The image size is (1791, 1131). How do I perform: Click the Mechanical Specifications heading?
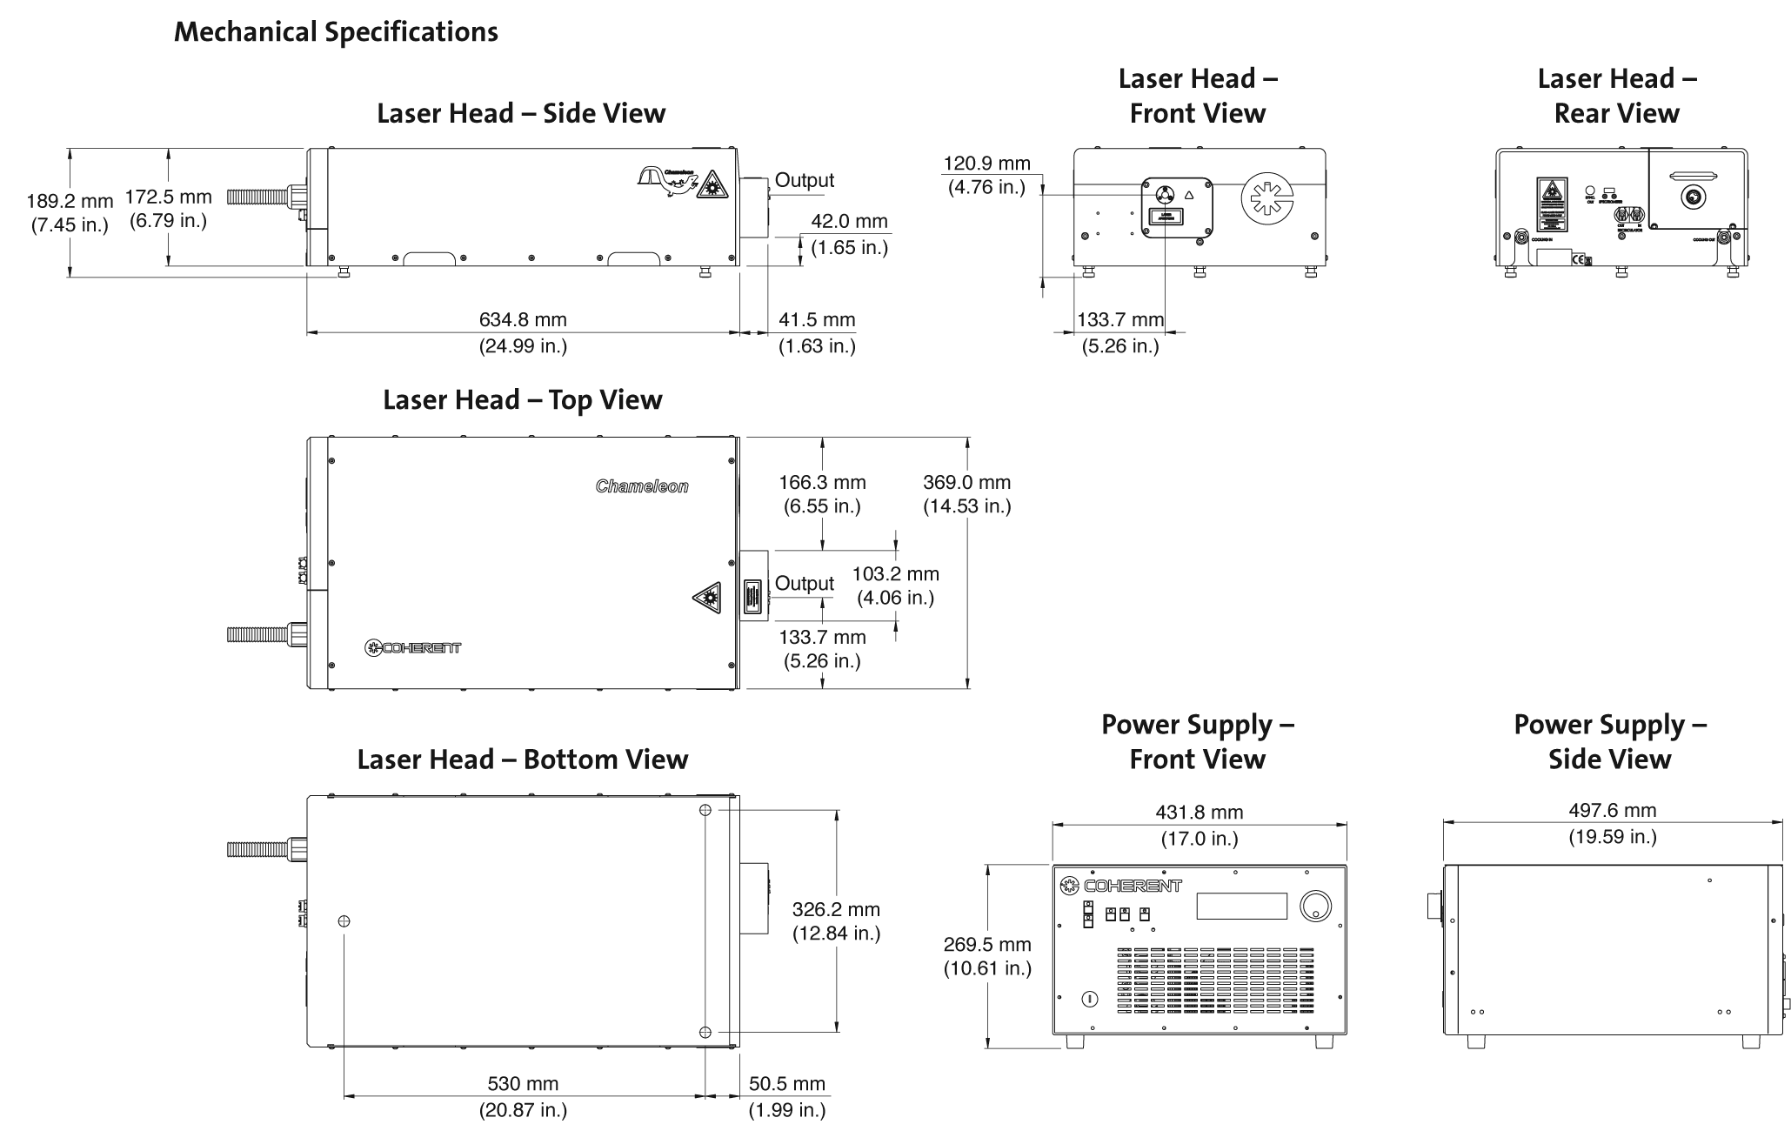pyautogui.click(x=336, y=32)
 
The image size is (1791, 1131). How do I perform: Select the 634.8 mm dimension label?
pyautogui.click(x=523, y=321)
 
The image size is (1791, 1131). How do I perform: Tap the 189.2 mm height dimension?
pyautogui.click(x=70, y=201)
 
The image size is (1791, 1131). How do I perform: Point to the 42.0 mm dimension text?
pyautogui.click(x=849, y=222)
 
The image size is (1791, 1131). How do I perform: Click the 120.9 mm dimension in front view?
pyautogui.click(x=986, y=164)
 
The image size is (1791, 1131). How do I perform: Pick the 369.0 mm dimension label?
pyautogui.click(x=966, y=483)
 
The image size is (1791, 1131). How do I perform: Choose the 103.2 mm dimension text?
pyautogui.click(x=895, y=574)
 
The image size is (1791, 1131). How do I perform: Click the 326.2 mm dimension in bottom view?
pyautogui.click(x=836, y=910)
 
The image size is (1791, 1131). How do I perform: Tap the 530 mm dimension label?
pyautogui.click(x=523, y=1084)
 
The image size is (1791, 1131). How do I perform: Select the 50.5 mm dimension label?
pyautogui.click(x=786, y=1084)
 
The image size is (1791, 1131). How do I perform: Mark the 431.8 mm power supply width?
pyautogui.click(x=1199, y=813)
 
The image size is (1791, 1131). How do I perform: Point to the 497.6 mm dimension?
pyautogui.click(x=1612, y=811)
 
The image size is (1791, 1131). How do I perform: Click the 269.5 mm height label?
pyautogui.click(x=987, y=945)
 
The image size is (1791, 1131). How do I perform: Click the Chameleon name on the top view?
pyautogui.click(x=642, y=486)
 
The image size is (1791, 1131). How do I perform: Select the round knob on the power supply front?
pyautogui.click(x=1314, y=906)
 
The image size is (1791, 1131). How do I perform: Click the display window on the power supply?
pyautogui.click(x=1241, y=906)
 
